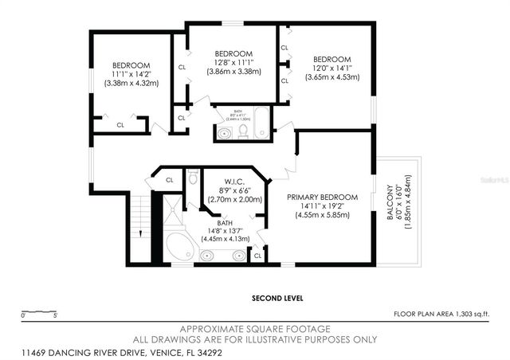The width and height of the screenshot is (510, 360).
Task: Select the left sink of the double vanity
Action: tap(208, 256)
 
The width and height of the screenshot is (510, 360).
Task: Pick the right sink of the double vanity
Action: tap(237, 256)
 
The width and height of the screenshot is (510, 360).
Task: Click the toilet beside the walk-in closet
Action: tap(192, 177)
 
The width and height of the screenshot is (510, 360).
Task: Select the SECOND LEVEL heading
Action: tap(277, 298)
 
